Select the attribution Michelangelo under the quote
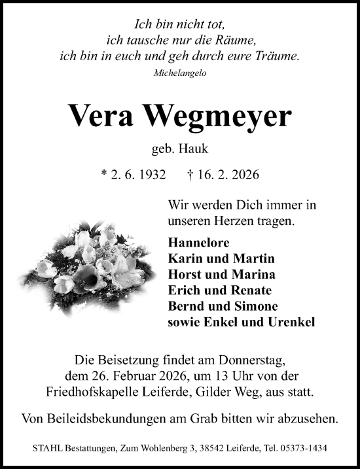point(180,73)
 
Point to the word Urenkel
point(289,322)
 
